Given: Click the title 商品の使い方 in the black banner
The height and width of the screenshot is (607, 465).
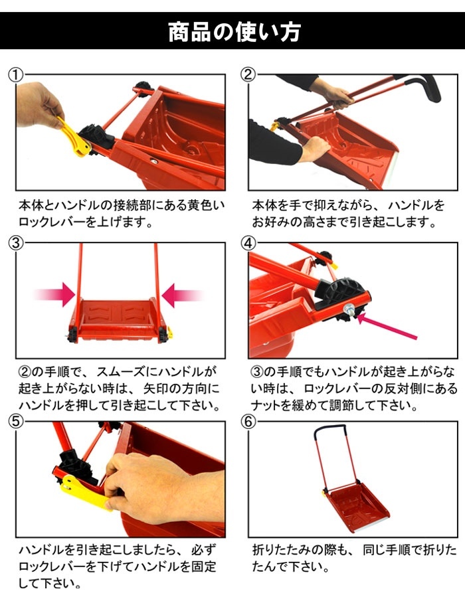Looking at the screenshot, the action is (x=234, y=31).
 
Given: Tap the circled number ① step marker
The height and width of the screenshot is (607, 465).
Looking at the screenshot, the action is (x=16, y=75).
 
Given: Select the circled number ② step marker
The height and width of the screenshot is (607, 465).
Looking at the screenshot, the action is (x=248, y=74).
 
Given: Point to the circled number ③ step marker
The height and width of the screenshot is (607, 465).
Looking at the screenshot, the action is (x=16, y=243).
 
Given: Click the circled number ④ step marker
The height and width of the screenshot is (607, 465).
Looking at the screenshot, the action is (x=248, y=243).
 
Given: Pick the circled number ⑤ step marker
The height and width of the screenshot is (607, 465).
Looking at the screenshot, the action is (x=16, y=422).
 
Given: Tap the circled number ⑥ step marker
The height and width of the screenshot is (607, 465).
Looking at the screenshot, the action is (x=248, y=422).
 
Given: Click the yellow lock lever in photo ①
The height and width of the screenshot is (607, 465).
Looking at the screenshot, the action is (x=74, y=137).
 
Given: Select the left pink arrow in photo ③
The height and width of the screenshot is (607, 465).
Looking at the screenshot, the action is (x=54, y=295).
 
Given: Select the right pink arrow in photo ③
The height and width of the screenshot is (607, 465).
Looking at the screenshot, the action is (x=183, y=296).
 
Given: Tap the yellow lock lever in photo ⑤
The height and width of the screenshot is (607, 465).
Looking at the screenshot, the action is (x=82, y=492).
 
